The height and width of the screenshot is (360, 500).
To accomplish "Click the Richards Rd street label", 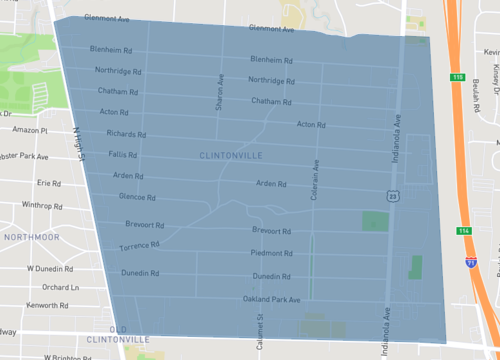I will tap(127, 133).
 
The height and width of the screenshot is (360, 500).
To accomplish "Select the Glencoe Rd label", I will tap(137, 197).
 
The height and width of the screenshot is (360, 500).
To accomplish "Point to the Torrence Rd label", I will tap(139, 246).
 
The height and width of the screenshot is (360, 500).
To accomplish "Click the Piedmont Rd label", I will tap(271, 254).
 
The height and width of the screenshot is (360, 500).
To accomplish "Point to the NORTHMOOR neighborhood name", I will tap(32, 236).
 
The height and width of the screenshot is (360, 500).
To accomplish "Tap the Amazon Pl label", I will tap(31, 130).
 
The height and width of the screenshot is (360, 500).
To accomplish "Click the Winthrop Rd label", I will tap(43, 205).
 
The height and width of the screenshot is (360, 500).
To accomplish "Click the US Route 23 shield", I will tap(395, 197).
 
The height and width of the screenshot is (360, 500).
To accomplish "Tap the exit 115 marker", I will tap(458, 76).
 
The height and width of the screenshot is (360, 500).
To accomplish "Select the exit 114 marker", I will tap(465, 231).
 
